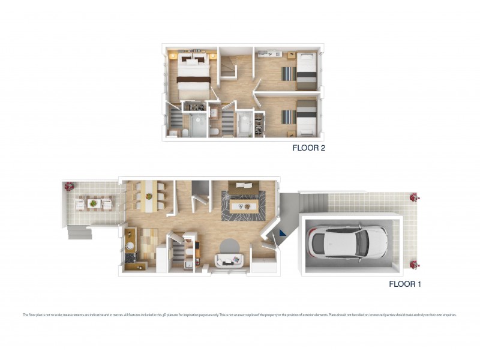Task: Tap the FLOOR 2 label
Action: click(308, 147)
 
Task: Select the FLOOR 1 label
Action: click(405, 284)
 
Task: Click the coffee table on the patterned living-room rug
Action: click(244, 206)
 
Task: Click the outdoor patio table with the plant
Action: click(93, 203)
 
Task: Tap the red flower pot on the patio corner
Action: click(69, 186)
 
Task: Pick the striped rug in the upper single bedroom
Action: click(289, 73)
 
